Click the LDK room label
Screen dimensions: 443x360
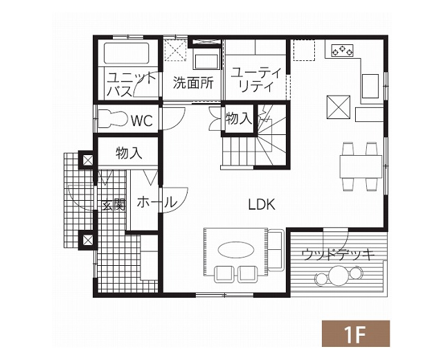click(x=262, y=204)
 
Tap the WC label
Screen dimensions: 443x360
click(x=142, y=121)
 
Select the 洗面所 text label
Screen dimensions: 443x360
click(x=193, y=83)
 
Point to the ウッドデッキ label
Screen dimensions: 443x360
click(x=338, y=255)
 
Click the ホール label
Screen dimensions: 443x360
click(x=157, y=202)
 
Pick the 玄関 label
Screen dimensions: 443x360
click(x=114, y=205)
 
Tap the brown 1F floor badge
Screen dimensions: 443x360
click(x=356, y=334)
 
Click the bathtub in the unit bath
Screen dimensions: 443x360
click(x=126, y=53)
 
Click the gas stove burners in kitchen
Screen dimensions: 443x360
click(x=343, y=51)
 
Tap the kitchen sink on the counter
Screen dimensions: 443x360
click(x=370, y=86)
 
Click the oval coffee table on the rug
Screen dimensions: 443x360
click(x=235, y=250)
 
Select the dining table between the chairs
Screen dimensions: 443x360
click(x=361, y=166)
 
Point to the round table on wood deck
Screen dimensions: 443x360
click(x=338, y=276)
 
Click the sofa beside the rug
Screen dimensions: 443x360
click(x=275, y=250)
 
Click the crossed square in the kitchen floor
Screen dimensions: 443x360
click(x=338, y=107)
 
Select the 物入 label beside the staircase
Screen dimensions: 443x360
click(x=239, y=118)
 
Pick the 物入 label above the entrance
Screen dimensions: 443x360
click(x=129, y=153)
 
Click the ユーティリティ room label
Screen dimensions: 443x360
click(x=256, y=80)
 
